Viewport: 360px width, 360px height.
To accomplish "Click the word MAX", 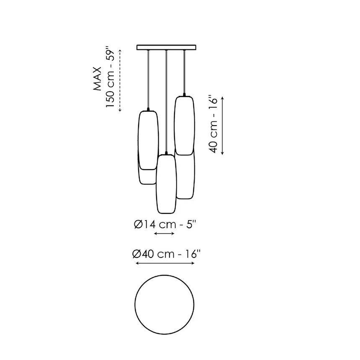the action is [x=98, y=79].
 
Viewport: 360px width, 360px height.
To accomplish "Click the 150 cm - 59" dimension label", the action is [x=110, y=77].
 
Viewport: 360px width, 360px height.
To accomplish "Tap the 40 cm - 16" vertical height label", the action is [x=213, y=123].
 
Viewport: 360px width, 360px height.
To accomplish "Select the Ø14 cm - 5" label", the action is [x=165, y=224].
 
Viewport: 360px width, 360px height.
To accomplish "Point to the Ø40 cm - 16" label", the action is [x=167, y=254].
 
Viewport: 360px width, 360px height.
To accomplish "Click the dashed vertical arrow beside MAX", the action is [x=120, y=81].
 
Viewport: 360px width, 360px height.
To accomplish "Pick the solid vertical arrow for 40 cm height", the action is [x=222, y=126].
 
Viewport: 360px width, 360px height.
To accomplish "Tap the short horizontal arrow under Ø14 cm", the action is [x=164, y=234].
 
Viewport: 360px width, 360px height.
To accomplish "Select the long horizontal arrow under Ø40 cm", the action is [x=165, y=263].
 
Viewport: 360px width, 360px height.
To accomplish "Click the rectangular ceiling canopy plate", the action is [x=166, y=47].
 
